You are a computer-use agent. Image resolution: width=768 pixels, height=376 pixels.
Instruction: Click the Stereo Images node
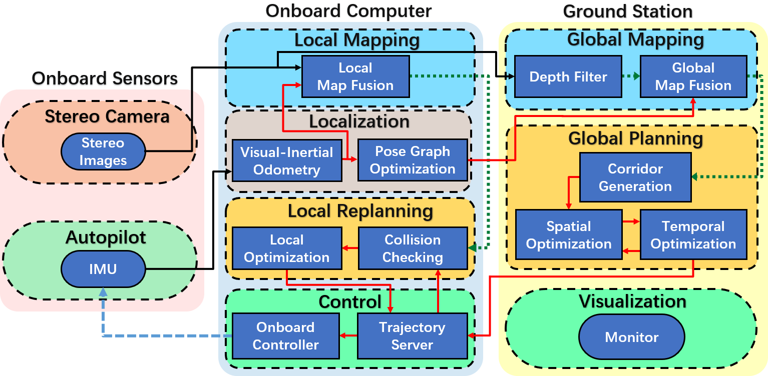click(x=103, y=152)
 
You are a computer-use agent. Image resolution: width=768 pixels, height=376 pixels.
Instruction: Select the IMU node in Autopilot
click(x=103, y=269)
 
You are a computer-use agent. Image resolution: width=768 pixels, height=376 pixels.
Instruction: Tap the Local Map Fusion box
click(x=355, y=76)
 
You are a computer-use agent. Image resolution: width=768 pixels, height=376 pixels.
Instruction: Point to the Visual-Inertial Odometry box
click(x=286, y=160)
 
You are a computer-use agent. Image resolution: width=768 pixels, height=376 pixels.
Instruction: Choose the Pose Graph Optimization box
click(x=412, y=160)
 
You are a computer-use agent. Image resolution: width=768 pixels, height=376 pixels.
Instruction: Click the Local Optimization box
click(x=286, y=248)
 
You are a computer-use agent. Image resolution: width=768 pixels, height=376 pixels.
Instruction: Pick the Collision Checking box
click(x=412, y=248)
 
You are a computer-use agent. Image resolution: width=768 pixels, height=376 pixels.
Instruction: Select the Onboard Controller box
click(x=285, y=336)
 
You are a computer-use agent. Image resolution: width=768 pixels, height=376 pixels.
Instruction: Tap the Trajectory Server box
click(x=412, y=336)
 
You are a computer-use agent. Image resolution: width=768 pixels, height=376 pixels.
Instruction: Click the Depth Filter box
click(x=568, y=76)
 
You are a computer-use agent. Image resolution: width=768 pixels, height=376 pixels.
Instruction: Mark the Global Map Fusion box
click(x=693, y=76)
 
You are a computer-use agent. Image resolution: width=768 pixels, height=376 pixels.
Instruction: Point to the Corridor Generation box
click(x=635, y=177)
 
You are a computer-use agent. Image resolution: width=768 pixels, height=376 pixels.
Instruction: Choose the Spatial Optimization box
click(x=568, y=235)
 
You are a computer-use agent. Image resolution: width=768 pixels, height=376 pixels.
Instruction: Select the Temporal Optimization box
click(x=693, y=235)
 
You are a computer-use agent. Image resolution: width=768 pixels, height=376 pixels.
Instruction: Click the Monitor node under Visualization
click(x=631, y=336)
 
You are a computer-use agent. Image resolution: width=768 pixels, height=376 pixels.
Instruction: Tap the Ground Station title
click(x=627, y=11)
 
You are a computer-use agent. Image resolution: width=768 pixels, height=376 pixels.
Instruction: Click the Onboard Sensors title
click(x=105, y=78)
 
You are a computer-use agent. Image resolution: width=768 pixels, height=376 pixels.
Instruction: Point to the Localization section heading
click(x=359, y=121)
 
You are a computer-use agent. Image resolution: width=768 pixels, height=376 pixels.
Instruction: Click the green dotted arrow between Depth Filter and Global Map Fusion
click(x=631, y=76)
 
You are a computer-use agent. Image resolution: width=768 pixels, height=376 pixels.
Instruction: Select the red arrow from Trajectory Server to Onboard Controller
click(x=348, y=336)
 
